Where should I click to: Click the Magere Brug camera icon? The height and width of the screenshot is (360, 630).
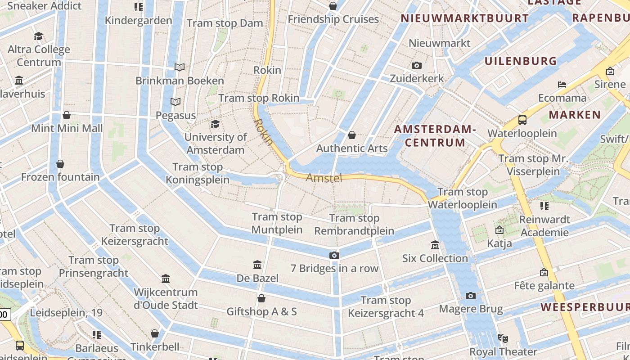(471, 296)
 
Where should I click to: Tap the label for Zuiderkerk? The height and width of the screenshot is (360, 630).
(417, 78)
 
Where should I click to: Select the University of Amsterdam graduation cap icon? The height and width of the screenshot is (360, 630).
(216, 124)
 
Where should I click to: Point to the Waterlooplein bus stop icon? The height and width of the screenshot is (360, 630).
(522, 120)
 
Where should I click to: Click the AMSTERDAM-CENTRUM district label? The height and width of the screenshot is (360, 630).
(435, 136)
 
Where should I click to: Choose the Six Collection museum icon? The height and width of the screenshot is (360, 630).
(435, 245)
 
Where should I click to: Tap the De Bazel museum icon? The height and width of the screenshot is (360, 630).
(257, 265)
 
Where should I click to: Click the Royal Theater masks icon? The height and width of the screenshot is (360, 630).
(503, 338)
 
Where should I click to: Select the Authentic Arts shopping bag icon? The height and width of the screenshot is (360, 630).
(352, 135)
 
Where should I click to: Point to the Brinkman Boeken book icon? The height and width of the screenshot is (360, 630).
(180, 67)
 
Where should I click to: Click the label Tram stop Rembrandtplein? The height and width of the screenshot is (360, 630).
(354, 225)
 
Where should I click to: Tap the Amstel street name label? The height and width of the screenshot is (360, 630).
(324, 178)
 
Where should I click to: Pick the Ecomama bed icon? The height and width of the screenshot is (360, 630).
(562, 85)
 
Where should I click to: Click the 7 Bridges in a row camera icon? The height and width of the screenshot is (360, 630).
(334, 255)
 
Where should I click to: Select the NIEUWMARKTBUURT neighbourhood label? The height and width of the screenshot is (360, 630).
(465, 18)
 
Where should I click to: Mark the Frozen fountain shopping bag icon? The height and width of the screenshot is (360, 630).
(60, 164)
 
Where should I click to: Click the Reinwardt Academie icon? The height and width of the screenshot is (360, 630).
(544, 206)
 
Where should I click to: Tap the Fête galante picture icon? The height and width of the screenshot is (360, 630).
(544, 272)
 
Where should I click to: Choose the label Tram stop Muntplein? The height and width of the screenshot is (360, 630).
(277, 223)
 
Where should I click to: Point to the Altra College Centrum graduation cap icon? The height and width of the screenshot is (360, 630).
(39, 36)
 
